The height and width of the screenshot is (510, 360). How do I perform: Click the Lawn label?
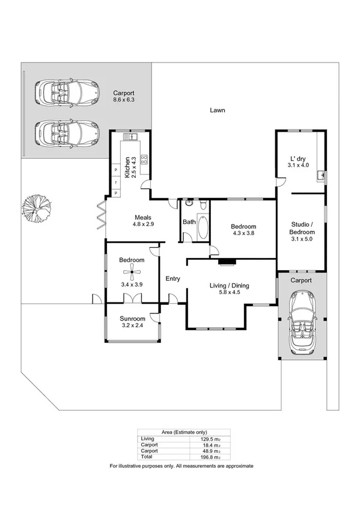pos(218,110)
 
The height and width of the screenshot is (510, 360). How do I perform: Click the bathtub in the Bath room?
pos(203,229)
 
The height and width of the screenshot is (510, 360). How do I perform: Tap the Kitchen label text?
pos(127,167)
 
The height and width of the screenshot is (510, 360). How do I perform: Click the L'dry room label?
pos(299,161)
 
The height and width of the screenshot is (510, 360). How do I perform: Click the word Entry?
pos(173,278)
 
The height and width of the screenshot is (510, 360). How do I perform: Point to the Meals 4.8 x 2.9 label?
pos(143,221)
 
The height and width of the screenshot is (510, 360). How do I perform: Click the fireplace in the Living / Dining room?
pos(227,262)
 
